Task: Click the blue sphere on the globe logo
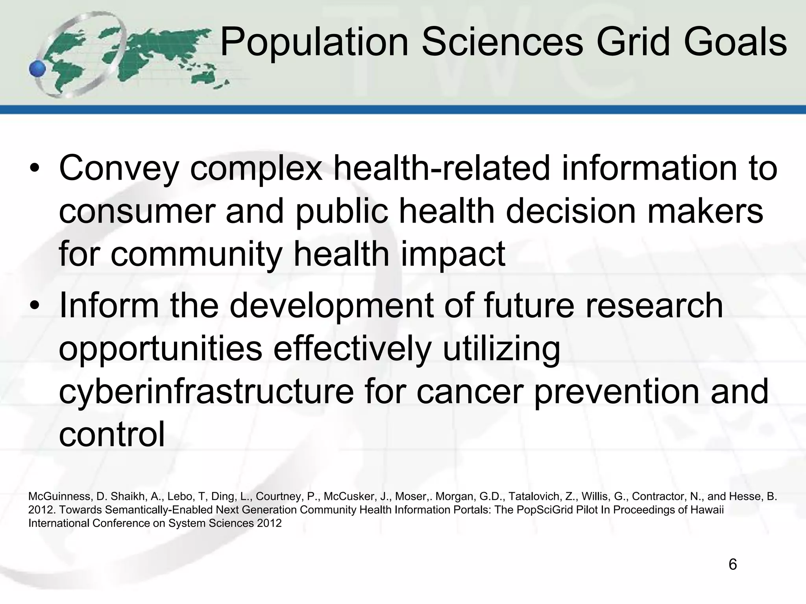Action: click(x=38, y=69)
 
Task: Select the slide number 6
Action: click(x=732, y=565)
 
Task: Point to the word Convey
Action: click(x=119, y=169)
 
